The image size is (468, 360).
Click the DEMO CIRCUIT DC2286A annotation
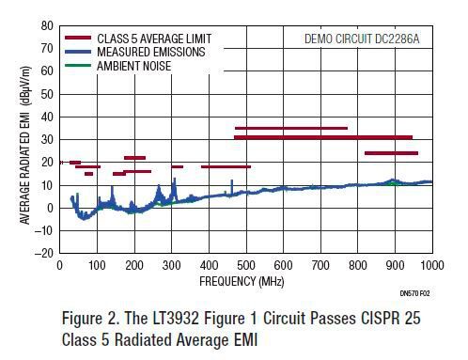point(363,39)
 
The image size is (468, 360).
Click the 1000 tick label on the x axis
point(431,266)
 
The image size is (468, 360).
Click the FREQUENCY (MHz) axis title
point(242,280)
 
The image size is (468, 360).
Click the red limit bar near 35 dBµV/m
point(290,128)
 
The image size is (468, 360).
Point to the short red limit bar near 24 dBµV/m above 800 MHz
point(391,153)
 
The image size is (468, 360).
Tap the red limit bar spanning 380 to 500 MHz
point(226,166)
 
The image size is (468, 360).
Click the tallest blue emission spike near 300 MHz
point(174,180)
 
